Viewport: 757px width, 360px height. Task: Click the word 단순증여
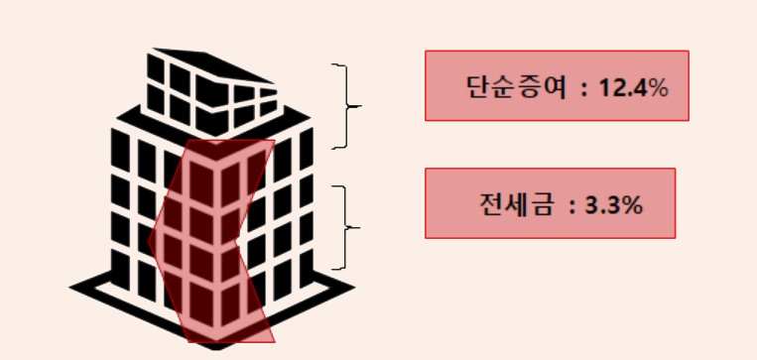[x=516, y=87]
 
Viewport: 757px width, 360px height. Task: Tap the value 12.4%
[x=634, y=87]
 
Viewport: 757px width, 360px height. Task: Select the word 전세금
[x=516, y=204]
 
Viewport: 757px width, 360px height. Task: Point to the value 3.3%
[x=614, y=205]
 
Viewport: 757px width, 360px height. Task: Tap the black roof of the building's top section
[x=212, y=64]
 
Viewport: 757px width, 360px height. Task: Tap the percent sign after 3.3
[x=631, y=205]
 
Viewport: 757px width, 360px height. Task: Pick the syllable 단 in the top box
[x=478, y=87]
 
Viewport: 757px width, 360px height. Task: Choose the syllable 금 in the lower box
[x=541, y=204]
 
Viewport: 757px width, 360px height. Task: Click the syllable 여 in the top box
[x=554, y=87]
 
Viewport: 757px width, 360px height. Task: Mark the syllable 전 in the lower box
[x=492, y=204]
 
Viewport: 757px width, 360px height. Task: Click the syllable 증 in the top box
[x=529, y=87]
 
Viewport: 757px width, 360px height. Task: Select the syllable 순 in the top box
[x=504, y=87]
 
